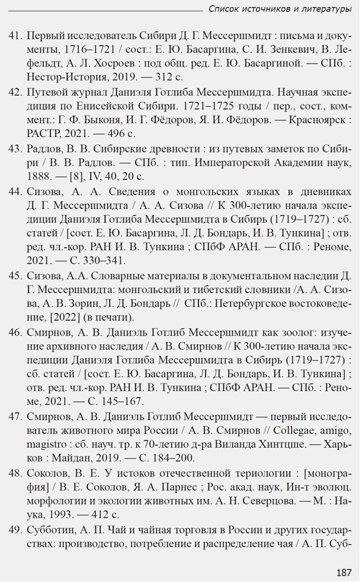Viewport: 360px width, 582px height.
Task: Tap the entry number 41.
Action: (15, 34)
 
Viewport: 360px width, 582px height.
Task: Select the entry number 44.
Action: (15, 191)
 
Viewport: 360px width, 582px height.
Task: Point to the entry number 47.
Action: (15, 416)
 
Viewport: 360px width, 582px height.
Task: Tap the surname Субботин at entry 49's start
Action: (52, 530)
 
